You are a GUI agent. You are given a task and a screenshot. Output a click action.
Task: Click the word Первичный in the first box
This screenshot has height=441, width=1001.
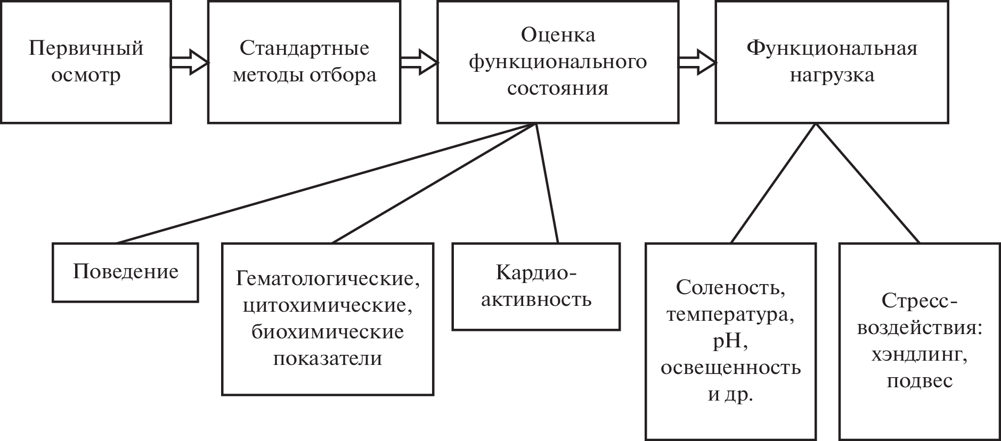point(86,48)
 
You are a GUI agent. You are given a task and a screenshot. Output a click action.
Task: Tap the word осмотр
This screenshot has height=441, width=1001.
point(86,75)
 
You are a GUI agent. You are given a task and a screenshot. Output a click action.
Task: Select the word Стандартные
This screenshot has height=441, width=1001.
point(304,48)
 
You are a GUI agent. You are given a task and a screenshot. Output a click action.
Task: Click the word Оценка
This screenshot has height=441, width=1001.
point(558,35)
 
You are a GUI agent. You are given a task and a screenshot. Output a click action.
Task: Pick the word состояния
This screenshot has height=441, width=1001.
point(558,88)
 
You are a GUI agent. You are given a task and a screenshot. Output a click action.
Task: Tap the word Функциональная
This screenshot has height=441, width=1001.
point(832,48)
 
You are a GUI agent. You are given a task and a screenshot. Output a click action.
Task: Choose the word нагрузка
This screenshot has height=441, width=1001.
point(832,75)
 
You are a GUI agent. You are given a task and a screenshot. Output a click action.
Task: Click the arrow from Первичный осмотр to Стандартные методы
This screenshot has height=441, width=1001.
point(190,62)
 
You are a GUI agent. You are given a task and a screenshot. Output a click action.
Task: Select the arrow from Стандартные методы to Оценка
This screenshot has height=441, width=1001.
point(419,62)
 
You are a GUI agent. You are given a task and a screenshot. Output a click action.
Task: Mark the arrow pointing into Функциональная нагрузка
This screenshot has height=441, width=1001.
point(697,62)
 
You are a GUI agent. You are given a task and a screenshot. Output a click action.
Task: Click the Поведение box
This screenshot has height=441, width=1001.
point(125,272)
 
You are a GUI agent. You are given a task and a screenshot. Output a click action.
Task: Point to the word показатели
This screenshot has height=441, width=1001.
point(328,358)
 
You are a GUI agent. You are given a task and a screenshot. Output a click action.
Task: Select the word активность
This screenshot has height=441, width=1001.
point(536,299)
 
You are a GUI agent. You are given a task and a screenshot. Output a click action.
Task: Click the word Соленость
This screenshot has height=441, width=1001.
point(730,288)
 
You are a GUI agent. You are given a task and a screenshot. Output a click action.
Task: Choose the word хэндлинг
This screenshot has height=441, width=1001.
point(919,355)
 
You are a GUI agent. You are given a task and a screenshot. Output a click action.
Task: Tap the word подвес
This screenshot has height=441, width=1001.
point(919,381)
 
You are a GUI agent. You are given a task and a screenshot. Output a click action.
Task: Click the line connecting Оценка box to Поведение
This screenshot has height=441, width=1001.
point(325,183)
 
